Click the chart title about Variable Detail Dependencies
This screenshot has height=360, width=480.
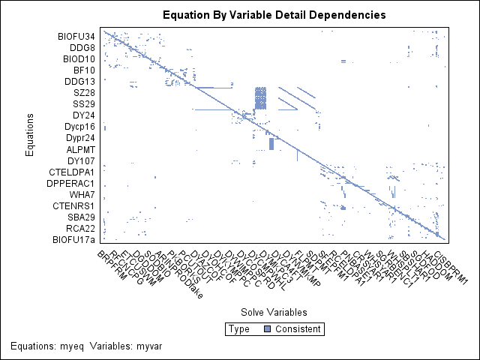pyautogui.click(x=274, y=14)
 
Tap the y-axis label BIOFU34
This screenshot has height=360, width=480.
pyautogui.click(x=77, y=36)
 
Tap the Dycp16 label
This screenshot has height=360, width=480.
pyautogui.click(x=79, y=127)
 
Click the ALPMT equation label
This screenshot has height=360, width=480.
pyautogui.click(x=81, y=149)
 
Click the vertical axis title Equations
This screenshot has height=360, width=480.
pyautogui.click(x=29, y=135)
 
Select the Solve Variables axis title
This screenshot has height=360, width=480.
pyautogui.click(x=274, y=311)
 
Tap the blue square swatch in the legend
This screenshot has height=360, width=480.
pyautogui.click(x=266, y=329)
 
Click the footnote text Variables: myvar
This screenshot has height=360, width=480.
pyautogui.click(x=125, y=345)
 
